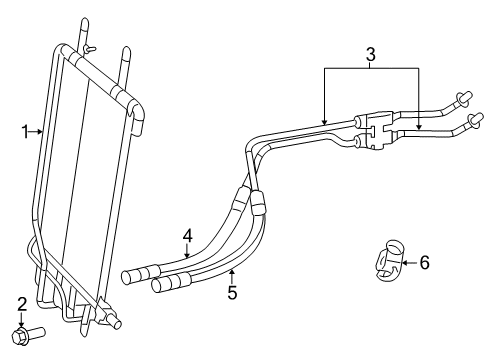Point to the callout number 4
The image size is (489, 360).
pos(186,237)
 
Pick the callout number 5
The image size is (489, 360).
pos(232,292)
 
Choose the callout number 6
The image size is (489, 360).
pos(423,263)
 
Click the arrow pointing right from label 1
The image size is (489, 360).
pos(38,129)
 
